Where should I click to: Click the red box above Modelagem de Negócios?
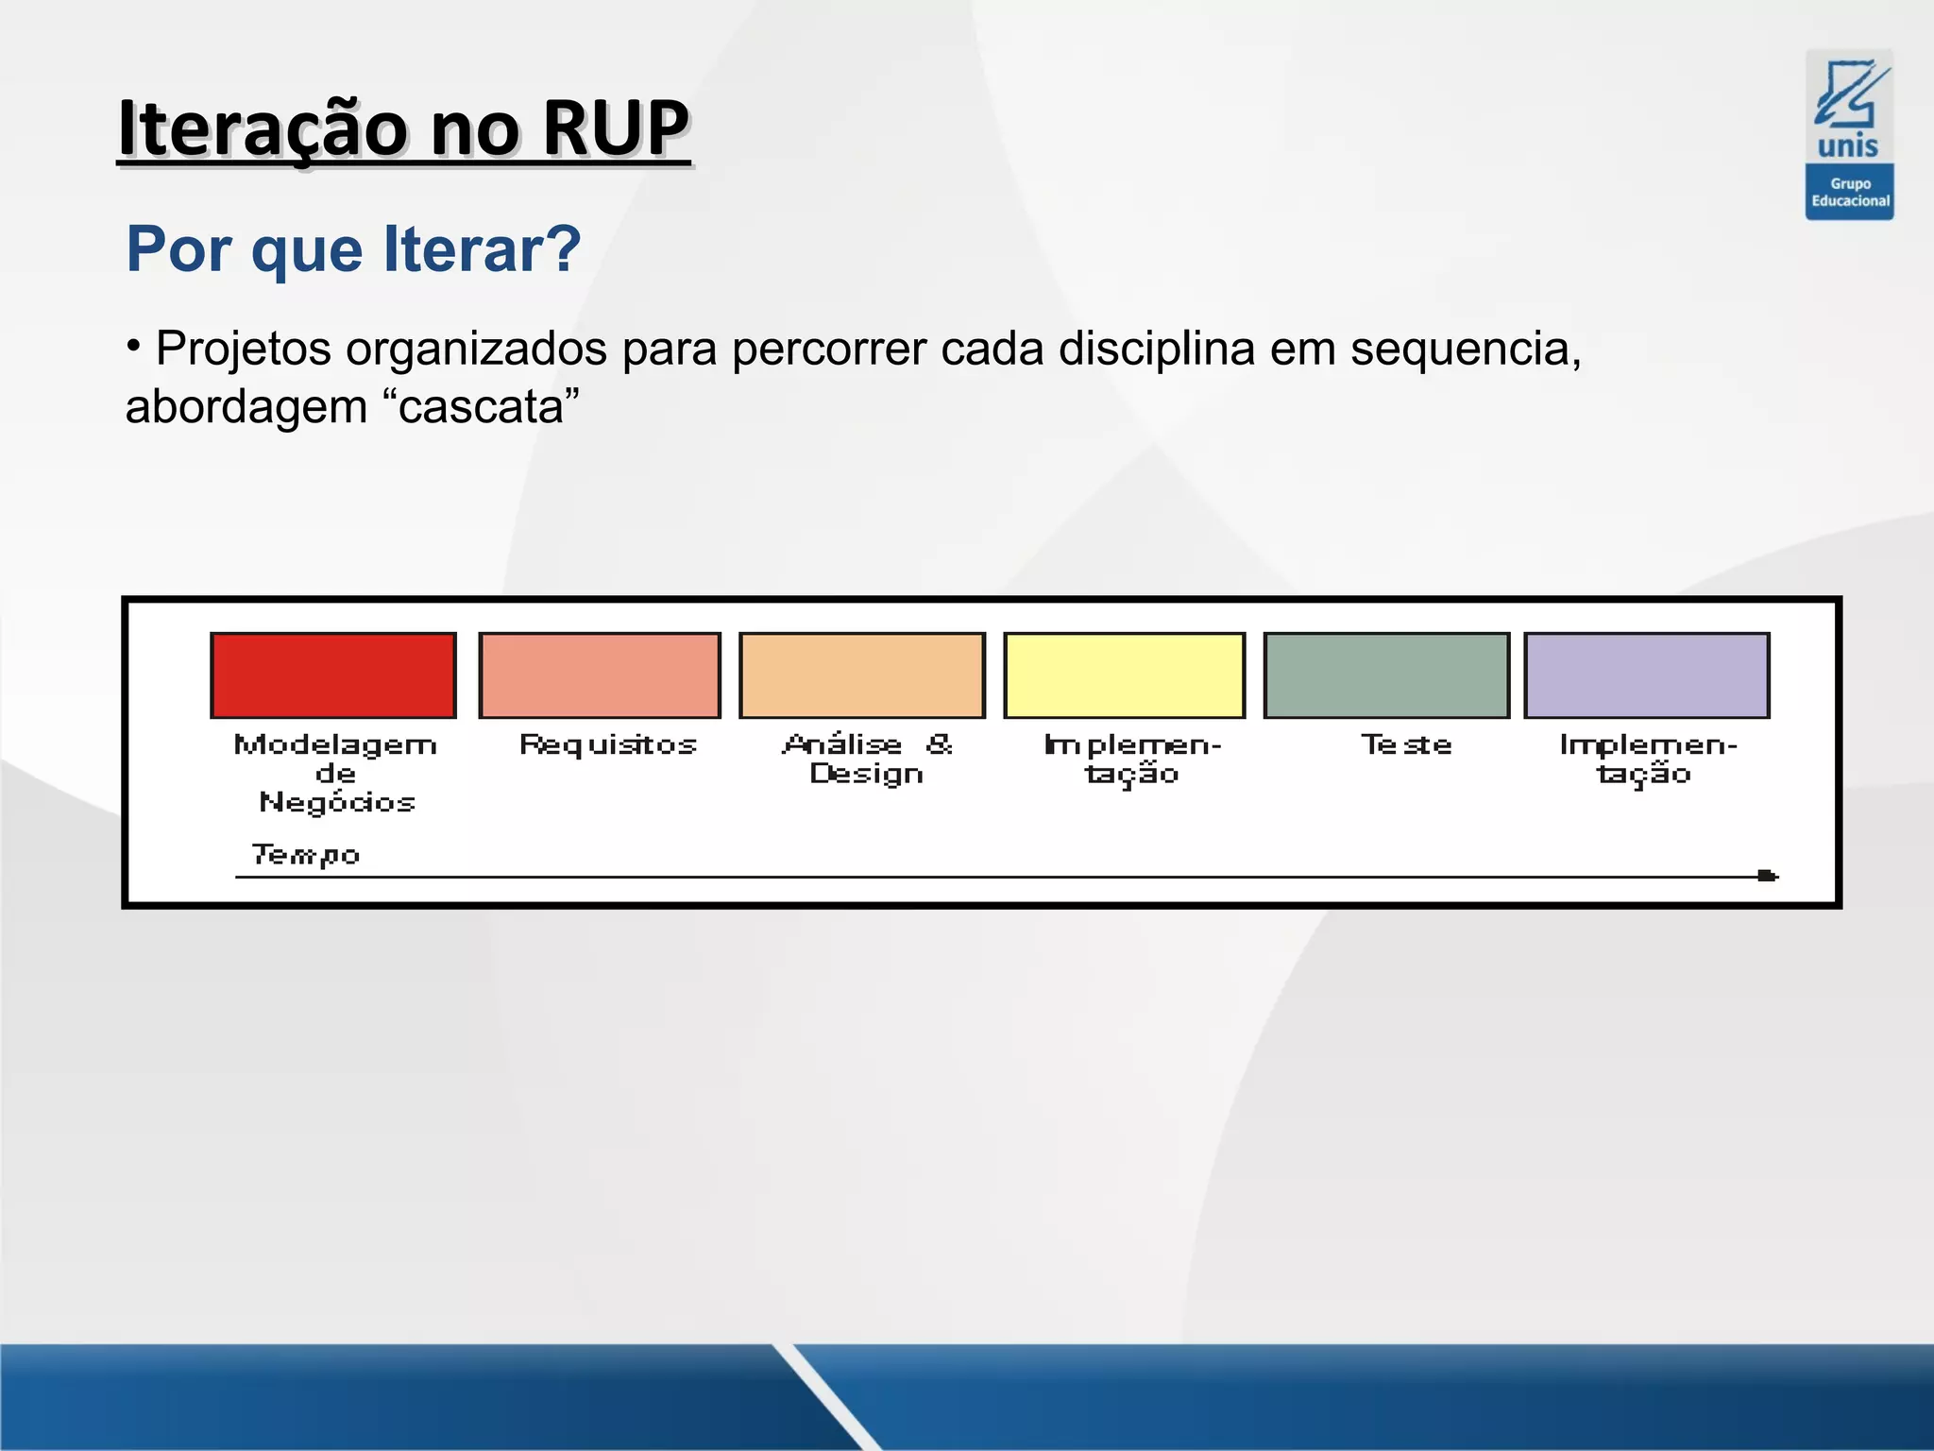point(333,675)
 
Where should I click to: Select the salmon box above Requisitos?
point(600,675)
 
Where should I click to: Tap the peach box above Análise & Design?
point(862,675)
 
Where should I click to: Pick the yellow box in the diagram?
point(1124,675)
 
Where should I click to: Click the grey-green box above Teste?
point(1386,675)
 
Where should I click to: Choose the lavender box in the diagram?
point(1647,675)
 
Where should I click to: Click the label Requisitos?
point(608,745)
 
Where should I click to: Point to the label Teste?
point(1405,745)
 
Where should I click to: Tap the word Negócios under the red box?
point(337,803)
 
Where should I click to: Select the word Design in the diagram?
point(866,775)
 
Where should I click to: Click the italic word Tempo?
point(305,855)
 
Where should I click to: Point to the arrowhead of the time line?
point(1767,876)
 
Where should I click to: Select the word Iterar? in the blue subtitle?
point(482,249)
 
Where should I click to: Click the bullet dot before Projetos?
point(134,344)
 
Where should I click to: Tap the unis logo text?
point(1848,146)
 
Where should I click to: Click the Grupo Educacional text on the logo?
point(1850,192)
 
